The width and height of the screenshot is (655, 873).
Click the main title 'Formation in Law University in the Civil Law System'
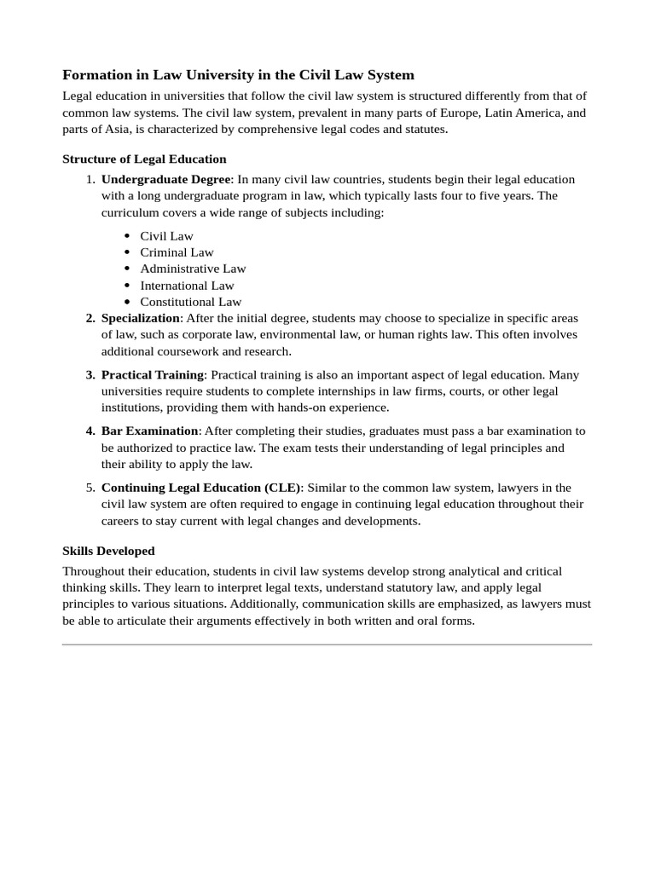(x=238, y=75)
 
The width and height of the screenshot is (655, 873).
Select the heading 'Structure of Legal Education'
(x=144, y=159)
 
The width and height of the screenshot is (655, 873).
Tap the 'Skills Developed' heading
(x=108, y=551)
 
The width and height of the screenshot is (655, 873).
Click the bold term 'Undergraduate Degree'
(x=165, y=179)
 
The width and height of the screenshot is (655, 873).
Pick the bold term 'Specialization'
(x=141, y=318)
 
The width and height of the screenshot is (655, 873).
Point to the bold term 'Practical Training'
(x=153, y=374)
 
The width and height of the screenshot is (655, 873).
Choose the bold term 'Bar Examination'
(x=149, y=431)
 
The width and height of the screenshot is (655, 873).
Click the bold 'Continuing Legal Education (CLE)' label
(x=201, y=488)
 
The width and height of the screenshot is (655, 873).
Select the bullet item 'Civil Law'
(x=166, y=236)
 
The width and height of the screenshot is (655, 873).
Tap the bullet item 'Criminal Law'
(x=177, y=252)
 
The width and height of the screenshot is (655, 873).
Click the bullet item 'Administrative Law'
(x=193, y=269)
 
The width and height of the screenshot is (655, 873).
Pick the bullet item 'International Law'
(x=187, y=286)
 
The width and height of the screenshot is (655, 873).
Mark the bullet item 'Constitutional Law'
(x=190, y=302)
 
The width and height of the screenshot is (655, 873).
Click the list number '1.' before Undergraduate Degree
(x=90, y=179)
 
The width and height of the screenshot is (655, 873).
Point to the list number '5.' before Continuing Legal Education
(x=90, y=488)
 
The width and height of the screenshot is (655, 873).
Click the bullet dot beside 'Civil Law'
(x=127, y=236)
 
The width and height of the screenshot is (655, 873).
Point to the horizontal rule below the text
(x=327, y=645)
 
